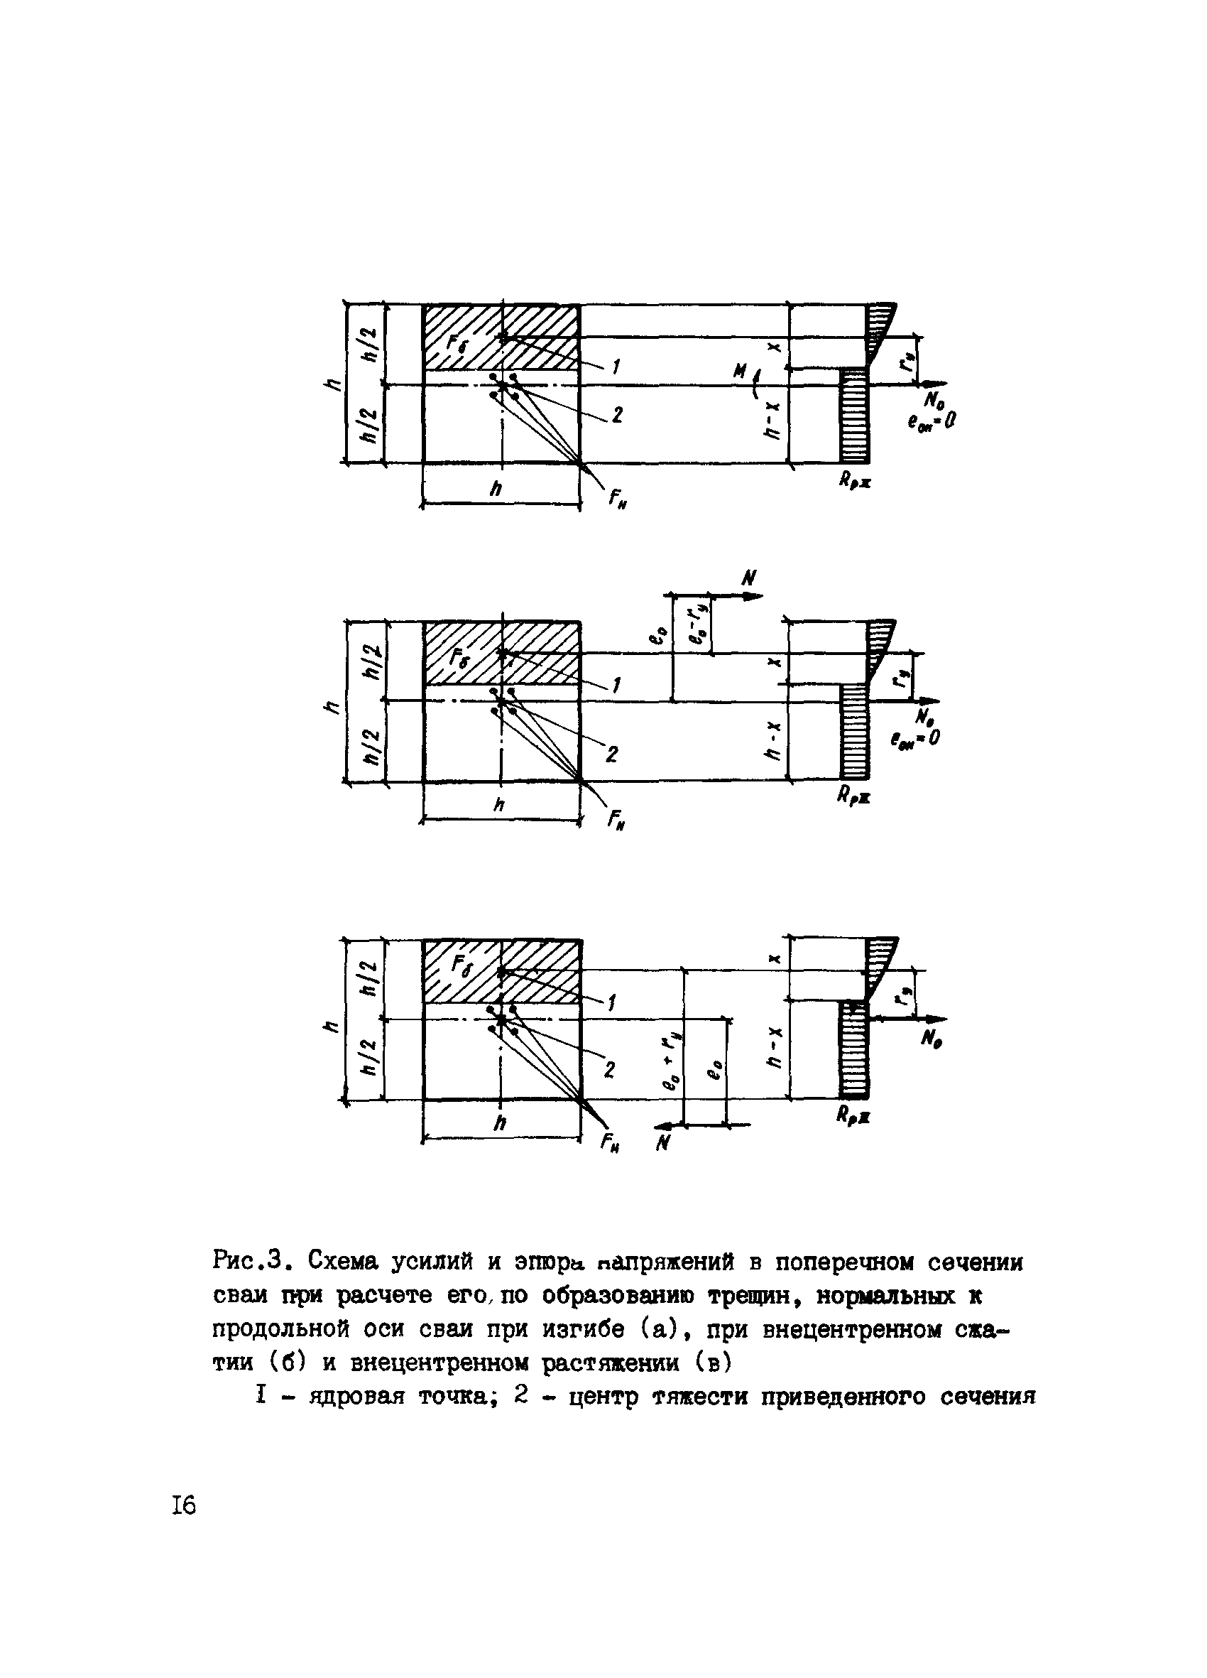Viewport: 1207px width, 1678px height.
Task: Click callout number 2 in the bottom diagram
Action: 611,1071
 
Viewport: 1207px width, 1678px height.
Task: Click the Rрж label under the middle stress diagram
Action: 854,797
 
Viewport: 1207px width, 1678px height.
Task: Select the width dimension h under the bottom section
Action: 501,1123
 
